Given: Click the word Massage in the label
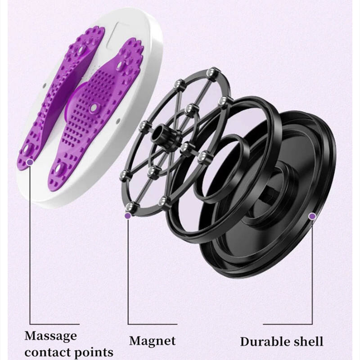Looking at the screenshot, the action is tap(51, 336).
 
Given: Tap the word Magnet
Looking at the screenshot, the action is tap(153, 341).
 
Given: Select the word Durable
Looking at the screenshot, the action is tap(265, 342).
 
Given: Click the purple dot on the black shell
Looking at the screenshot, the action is tap(312, 216).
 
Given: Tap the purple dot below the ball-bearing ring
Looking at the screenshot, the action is tap(128, 216).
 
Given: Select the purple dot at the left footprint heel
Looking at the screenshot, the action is tap(30, 162).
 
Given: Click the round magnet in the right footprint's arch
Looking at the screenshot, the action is tap(94, 107).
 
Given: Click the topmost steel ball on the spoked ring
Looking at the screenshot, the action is tap(211, 72).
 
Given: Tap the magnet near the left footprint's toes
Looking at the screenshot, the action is tap(81, 49).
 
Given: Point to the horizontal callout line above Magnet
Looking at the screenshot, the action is tap(153, 324).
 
